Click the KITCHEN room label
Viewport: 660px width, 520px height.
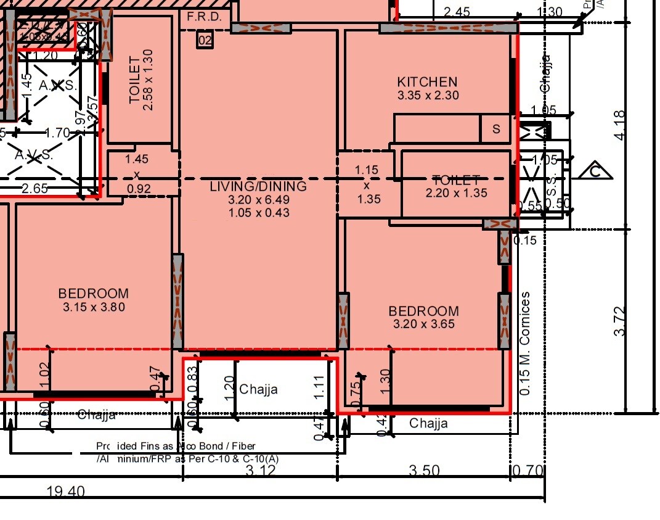click(x=427, y=82)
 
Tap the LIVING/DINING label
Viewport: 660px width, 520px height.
click(x=258, y=186)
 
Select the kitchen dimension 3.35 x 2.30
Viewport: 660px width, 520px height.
click(x=428, y=96)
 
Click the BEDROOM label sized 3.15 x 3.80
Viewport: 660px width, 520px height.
click(x=93, y=294)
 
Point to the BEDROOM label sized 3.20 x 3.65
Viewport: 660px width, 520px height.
click(x=423, y=311)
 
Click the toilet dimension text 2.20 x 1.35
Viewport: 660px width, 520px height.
click(x=456, y=193)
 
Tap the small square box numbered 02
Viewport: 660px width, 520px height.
click(x=205, y=41)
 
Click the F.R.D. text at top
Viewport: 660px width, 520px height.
click(x=204, y=17)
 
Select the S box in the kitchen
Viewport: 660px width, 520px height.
click(x=496, y=130)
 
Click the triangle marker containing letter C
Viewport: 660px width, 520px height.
click(x=595, y=171)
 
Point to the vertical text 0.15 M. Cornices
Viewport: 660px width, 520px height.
click(x=525, y=343)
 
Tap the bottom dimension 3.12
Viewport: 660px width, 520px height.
click(x=261, y=471)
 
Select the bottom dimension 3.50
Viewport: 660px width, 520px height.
click(x=425, y=471)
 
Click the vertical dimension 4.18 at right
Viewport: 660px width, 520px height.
click(x=620, y=125)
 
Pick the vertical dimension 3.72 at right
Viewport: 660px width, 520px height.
click(x=620, y=321)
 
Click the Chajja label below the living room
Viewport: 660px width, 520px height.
click(x=258, y=389)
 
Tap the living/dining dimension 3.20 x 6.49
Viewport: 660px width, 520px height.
click(x=258, y=200)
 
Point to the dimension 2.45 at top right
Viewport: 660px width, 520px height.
click(x=457, y=11)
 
